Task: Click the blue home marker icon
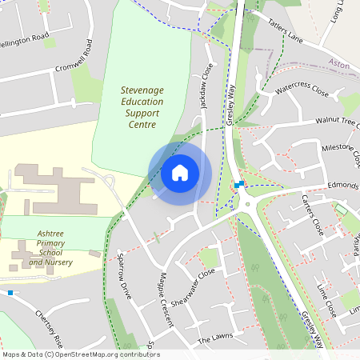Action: [x=180, y=172]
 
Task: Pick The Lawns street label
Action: [x=214, y=339]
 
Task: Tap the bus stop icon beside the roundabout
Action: [x=238, y=185]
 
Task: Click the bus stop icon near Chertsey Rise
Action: [x=10, y=294]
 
